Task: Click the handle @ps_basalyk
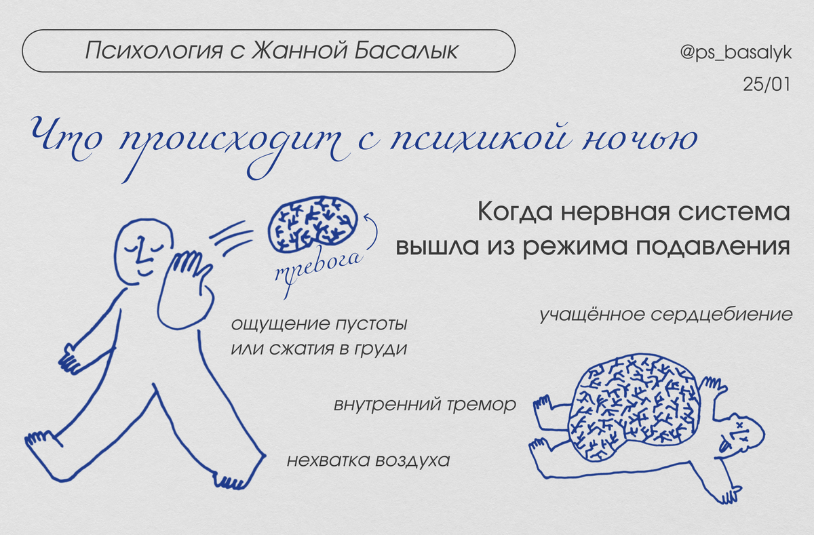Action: click(x=735, y=54)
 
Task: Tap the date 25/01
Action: click(x=767, y=87)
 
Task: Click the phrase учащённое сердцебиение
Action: click(x=665, y=315)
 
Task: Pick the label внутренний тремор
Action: click(x=425, y=405)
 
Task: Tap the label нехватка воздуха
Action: click(x=368, y=461)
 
